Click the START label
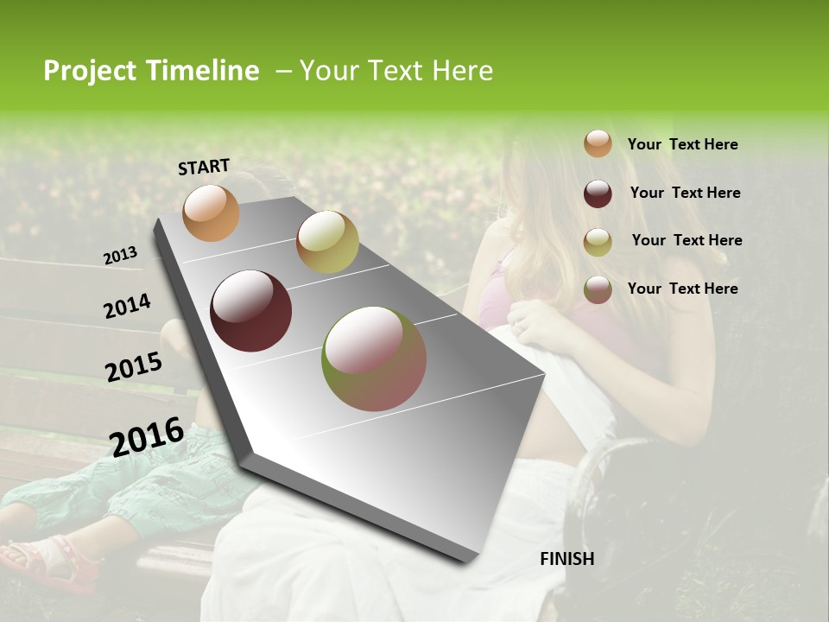(204, 166)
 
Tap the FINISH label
(566, 559)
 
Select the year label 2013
(120, 256)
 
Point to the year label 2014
(127, 307)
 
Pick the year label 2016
(147, 437)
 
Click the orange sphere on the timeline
(211, 213)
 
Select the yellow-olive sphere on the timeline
(327, 242)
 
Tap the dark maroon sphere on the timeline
(250, 311)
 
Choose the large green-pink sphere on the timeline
(374, 359)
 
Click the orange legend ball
(598, 143)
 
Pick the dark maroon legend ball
(598, 193)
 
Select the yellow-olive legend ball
(598, 241)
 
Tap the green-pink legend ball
(598, 289)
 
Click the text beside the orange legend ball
(682, 144)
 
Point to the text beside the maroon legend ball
(685, 193)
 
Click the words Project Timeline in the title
(151, 71)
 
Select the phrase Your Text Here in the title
(396, 71)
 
